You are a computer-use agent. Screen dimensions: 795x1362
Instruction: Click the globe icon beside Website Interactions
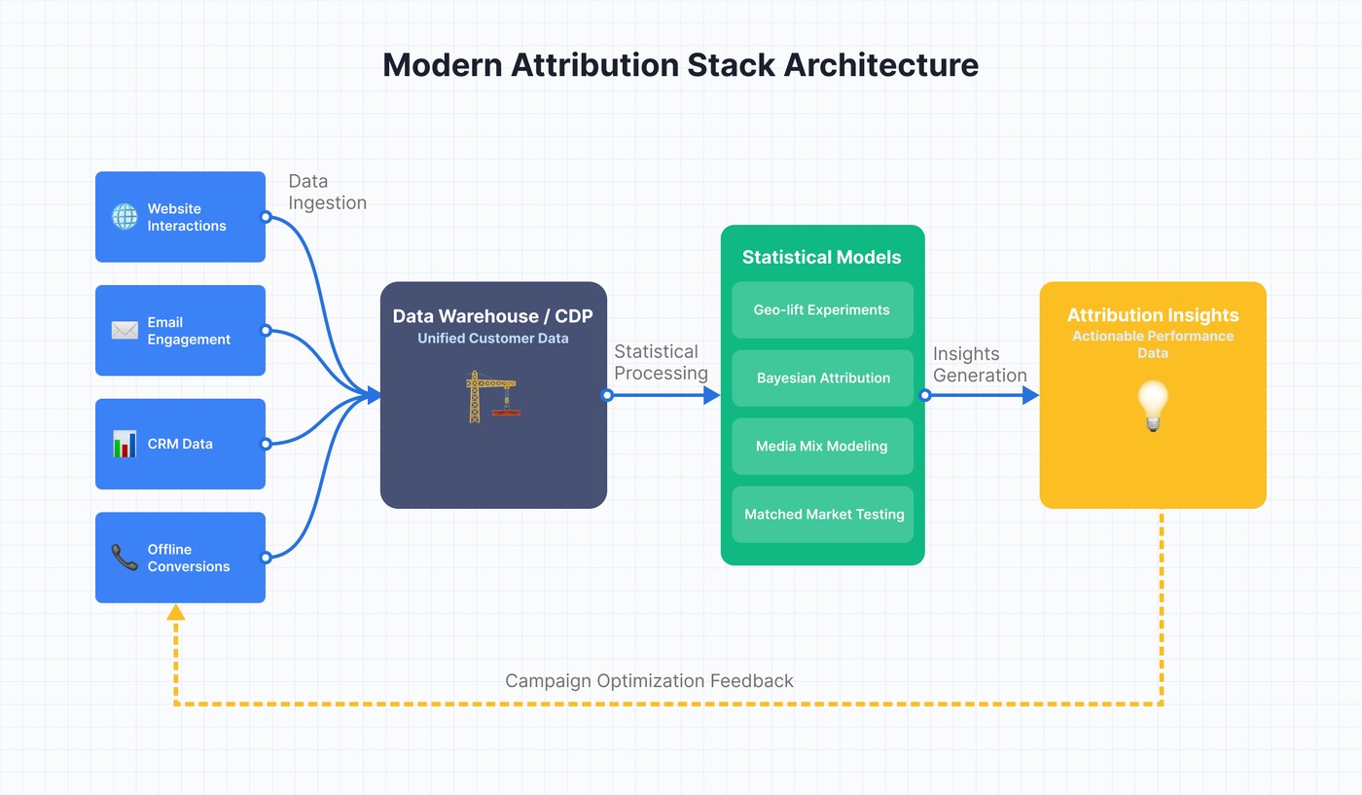pos(125,216)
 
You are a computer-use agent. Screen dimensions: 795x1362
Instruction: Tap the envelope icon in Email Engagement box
pos(125,331)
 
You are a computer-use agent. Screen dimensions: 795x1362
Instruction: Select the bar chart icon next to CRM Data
pos(125,444)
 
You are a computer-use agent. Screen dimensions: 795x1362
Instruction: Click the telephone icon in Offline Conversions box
pos(125,558)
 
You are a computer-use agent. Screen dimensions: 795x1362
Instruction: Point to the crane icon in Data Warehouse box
pos(492,395)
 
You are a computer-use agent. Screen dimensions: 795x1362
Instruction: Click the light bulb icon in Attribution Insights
pos(1153,406)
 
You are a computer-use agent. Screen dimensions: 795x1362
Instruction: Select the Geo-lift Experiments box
pos(822,309)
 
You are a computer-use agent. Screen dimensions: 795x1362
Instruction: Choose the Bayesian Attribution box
pos(822,378)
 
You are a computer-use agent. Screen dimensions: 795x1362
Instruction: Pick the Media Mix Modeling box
pos(822,446)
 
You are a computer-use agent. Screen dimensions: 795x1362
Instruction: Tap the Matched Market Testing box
pos(822,514)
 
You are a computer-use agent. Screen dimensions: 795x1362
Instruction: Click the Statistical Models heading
pos(822,257)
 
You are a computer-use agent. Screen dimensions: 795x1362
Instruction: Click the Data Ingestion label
pos(327,192)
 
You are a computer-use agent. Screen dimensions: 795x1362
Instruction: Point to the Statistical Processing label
pos(661,362)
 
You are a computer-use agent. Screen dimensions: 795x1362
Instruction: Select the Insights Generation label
pos(980,365)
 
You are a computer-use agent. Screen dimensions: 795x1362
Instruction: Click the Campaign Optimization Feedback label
pos(649,681)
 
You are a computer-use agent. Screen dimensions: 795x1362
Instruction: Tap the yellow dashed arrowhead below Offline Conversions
pos(176,612)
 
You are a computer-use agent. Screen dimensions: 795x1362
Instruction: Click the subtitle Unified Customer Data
pos(493,339)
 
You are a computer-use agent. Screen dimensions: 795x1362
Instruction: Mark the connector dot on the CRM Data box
pos(266,444)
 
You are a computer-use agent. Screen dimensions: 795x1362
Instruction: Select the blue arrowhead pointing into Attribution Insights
pos(1030,395)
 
